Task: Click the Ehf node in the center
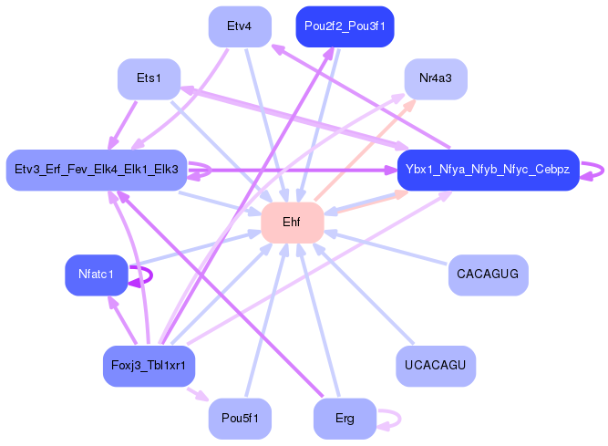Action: (x=293, y=223)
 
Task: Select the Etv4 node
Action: (x=239, y=26)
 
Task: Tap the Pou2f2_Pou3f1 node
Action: (x=345, y=26)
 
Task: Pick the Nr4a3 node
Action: (x=436, y=79)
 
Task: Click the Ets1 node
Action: (x=149, y=79)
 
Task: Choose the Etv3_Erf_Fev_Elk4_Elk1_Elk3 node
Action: (x=97, y=170)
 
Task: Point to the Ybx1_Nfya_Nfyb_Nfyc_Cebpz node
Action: (x=489, y=171)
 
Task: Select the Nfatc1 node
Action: (x=96, y=275)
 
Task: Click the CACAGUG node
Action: (x=489, y=275)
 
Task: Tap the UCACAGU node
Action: (x=436, y=366)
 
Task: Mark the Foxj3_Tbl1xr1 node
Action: (x=149, y=366)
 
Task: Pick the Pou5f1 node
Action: (x=239, y=419)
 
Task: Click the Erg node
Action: (x=345, y=419)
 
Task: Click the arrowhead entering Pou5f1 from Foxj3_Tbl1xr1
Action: (x=205, y=398)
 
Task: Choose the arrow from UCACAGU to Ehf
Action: (x=365, y=295)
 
